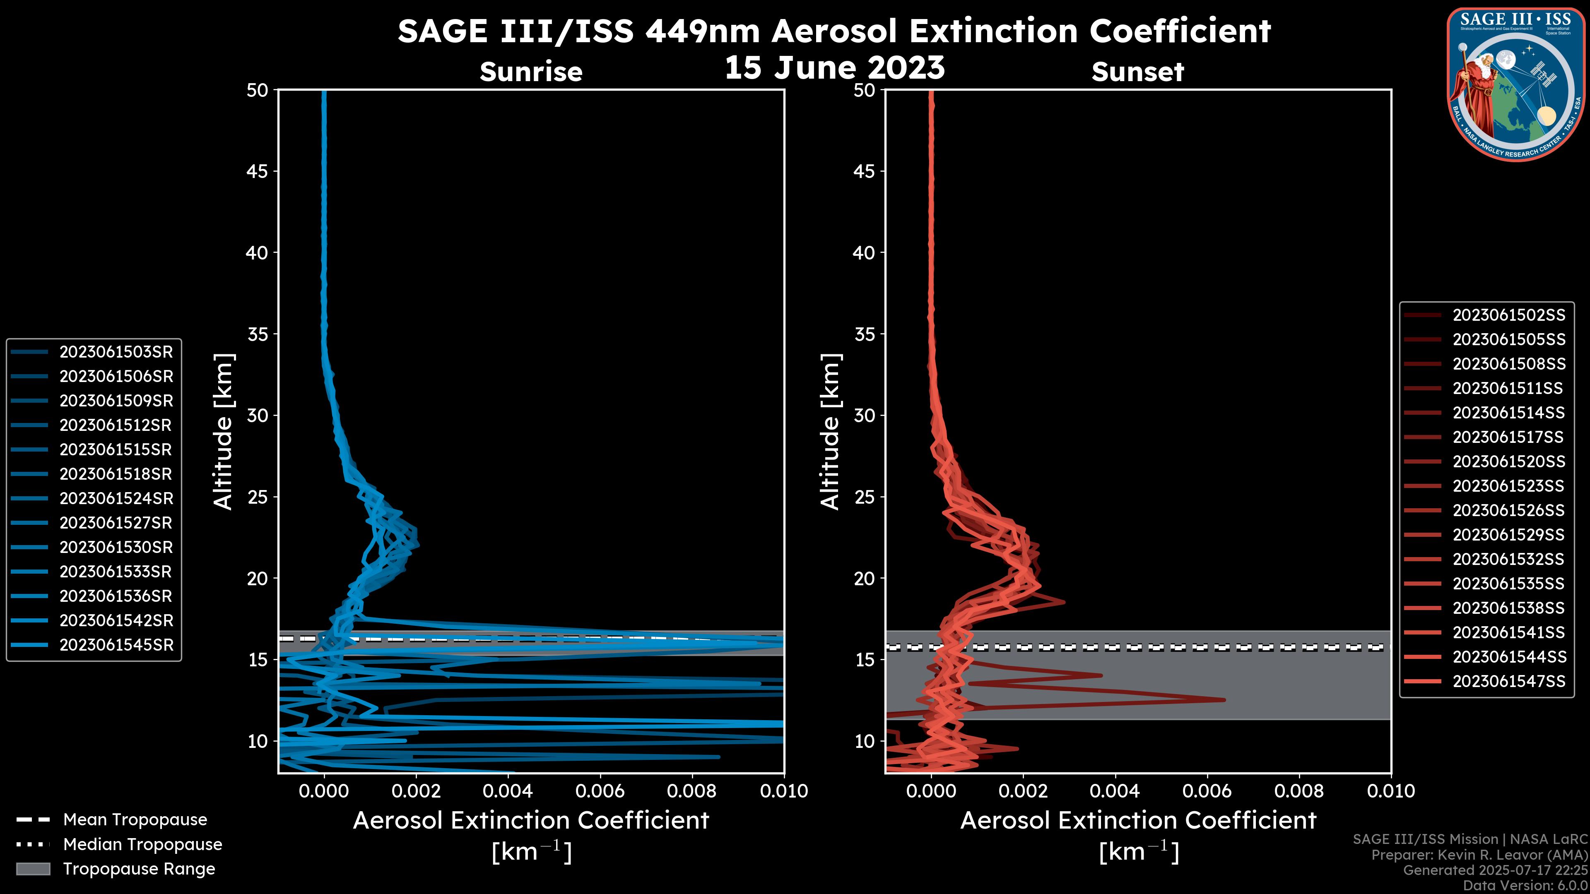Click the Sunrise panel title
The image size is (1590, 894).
click(531, 72)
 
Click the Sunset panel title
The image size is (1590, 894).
click(1137, 72)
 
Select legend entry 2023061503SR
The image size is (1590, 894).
click(116, 352)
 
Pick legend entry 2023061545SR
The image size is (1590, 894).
click(116, 645)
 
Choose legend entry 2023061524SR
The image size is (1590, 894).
click(116, 498)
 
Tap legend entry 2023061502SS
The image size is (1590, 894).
click(1508, 315)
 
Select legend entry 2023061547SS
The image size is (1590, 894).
click(1508, 681)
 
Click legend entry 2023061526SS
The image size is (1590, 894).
click(1508, 510)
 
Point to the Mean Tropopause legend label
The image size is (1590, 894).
click(135, 819)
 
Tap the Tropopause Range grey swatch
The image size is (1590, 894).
click(33, 869)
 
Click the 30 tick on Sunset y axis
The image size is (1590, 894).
click(865, 415)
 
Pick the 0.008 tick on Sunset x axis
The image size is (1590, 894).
click(1299, 791)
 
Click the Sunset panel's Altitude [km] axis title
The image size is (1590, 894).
click(831, 432)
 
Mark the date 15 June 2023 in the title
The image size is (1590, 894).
click(834, 68)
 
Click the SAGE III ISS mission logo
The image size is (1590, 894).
click(1515, 83)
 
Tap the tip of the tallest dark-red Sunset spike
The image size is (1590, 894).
click(1225, 699)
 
